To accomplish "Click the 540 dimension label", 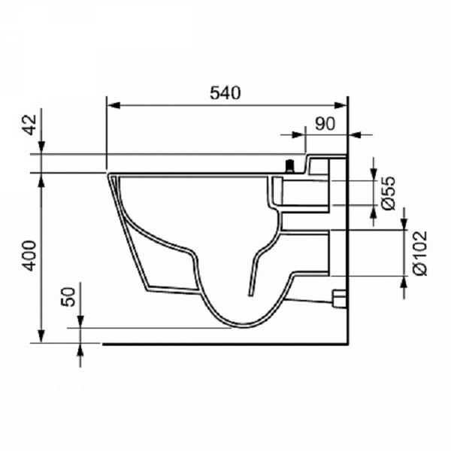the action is tap(225, 93).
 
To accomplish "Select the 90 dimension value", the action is tap(325, 124).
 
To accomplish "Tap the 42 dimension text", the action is tap(30, 125).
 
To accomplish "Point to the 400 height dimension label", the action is tap(30, 256).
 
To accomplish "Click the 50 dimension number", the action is tap(68, 297).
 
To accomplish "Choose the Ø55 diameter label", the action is tap(389, 193).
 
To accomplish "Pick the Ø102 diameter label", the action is tap(419, 253).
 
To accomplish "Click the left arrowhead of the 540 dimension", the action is tap(114, 105).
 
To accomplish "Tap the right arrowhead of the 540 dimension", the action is tap(341, 105).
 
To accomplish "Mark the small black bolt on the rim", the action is tap(289, 167).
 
